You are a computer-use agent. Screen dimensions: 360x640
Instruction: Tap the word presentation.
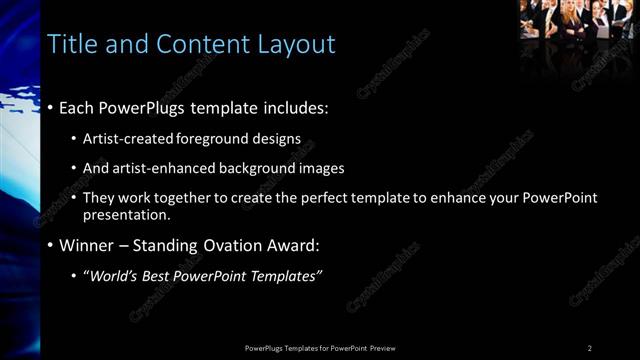tap(127, 214)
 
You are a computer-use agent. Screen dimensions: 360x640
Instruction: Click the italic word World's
tap(112, 276)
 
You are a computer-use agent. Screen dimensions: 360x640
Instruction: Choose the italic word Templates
tap(284, 276)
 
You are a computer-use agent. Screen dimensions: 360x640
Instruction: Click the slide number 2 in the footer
tap(590, 348)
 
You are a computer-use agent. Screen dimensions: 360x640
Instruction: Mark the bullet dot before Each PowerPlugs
tap(50, 108)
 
